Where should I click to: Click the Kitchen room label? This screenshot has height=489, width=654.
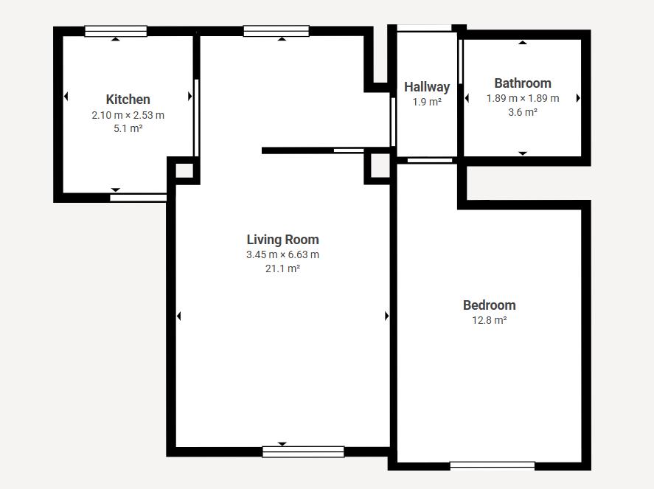click(128, 100)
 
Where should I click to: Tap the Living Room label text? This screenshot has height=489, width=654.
click(283, 240)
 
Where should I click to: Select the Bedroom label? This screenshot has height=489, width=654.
click(490, 305)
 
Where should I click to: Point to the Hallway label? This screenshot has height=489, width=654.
click(427, 87)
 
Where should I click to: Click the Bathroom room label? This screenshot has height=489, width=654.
click(523, 83)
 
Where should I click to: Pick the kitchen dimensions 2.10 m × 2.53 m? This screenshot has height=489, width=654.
click(128, 115)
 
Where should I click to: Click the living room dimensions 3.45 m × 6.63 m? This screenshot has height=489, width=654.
click(283, 254)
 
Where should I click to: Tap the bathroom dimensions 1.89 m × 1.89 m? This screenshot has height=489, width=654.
click(523, 99)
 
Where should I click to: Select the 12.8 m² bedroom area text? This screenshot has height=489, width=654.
click(490, 320)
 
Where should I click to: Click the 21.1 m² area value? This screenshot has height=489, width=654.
click(283, 268)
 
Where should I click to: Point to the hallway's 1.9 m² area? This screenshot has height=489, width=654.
click(427, 102)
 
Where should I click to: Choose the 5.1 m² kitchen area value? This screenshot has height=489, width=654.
click(128, 128)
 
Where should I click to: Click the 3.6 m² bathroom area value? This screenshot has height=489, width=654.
click(523, 112)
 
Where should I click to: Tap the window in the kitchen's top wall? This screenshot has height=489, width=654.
click(116, 31)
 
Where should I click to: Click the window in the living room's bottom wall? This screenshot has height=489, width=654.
click(303, 452)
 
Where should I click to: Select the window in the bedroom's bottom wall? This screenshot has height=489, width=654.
click(493, 465)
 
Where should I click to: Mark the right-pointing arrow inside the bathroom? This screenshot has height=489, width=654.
click(578, 98)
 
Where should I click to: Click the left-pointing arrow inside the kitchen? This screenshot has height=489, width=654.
click(66, 97)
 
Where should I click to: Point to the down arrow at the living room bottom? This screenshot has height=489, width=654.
click(282, 444)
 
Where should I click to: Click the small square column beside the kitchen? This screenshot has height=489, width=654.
click(184, 170)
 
